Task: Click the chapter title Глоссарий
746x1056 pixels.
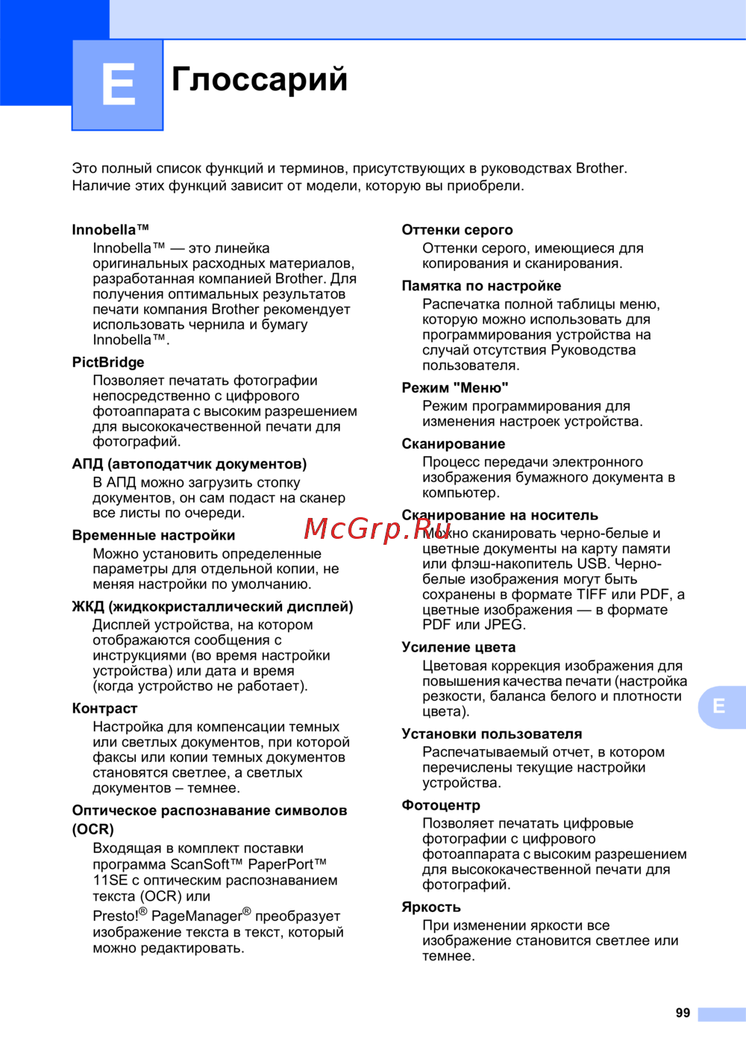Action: click(x=260, y=79)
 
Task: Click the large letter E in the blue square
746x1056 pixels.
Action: click(x=118, y=84)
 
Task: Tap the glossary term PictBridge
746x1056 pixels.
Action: click(x=108, y=362)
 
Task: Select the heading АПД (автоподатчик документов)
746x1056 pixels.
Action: click(x=189, y=464)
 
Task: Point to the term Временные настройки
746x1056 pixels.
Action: click(x=154, y=535)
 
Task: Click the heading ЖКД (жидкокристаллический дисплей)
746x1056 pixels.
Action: click(x=213, y=607)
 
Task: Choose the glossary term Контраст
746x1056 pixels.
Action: click(x=104, y=708)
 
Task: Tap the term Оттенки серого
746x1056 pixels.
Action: click(x=457, y=230)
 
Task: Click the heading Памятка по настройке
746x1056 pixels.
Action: click(x=481, y=286)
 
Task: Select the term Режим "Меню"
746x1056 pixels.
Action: click(x=455, y=388)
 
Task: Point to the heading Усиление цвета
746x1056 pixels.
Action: click(x=459, y=647)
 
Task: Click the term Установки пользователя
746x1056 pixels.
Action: click(x=492, y=734)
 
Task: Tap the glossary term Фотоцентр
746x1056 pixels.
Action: click(x=441, y=805)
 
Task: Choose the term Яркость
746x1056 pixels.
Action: click(x=431, y=907)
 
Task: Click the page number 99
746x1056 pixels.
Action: click(x=683, y=1013)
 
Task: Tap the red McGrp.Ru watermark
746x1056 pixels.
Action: click(x=367, y=528)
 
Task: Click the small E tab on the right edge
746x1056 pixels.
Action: click(x=719, y=706)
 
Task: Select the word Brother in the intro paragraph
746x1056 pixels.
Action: click(x=600, y=168)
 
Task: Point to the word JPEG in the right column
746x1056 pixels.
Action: click(x=504, y=625)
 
